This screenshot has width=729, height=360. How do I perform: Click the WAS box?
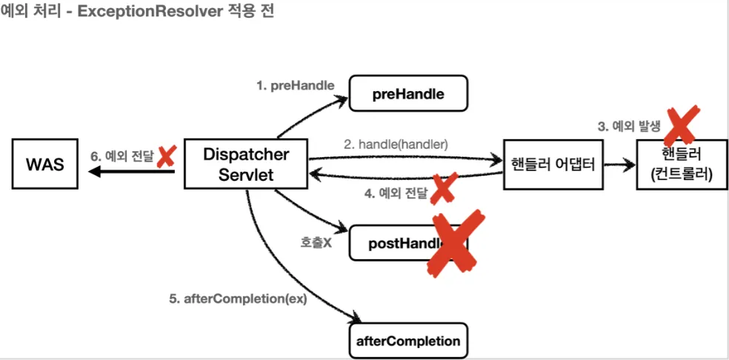pos(44,164)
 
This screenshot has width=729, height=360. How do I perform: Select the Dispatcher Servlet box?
pos(246,164)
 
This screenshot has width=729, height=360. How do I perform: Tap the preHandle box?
pos(408,94)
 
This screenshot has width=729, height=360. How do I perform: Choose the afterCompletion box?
pos(408,341)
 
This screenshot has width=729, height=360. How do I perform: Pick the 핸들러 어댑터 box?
pos(552,164)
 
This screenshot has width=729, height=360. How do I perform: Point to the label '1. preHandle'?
pos(295,85)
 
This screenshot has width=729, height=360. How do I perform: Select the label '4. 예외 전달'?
pos(394,194)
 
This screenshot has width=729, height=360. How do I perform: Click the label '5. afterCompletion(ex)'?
pos(238,299)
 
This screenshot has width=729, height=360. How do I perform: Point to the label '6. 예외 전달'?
pos(121,156)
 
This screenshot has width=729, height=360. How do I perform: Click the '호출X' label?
pos(316,242)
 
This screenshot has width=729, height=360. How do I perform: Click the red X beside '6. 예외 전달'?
pos(166,156)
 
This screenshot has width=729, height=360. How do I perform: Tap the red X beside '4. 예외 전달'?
pos(443,190)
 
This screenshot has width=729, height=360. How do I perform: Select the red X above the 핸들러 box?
pos(681,124)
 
